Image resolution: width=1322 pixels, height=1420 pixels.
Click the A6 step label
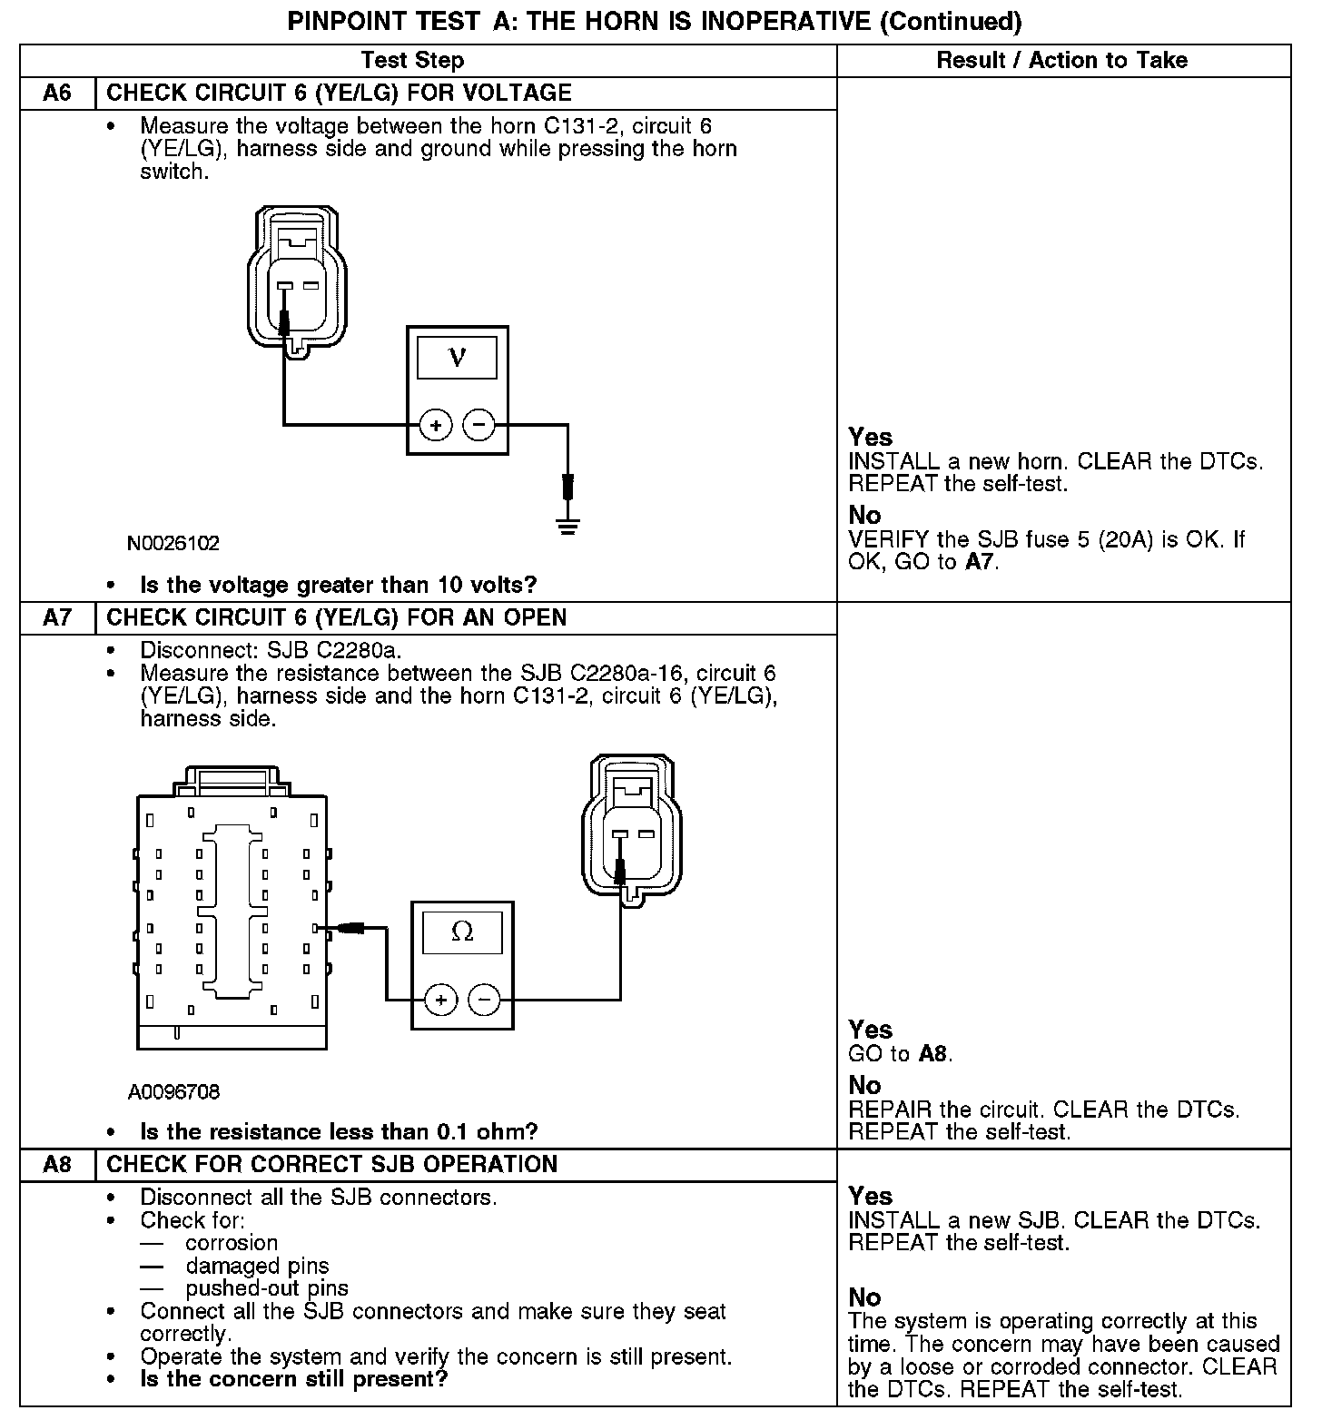point(56,94)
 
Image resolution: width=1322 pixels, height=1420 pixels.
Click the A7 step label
point(56,618)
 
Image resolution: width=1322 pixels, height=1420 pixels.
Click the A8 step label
point(56,1165)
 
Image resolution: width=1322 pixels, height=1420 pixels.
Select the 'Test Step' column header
point(412,61)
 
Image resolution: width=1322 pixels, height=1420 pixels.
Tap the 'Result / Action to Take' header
point(1061,61)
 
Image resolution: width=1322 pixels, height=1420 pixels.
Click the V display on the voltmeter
point(457,358)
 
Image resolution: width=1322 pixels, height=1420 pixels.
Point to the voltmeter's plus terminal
point(436,425)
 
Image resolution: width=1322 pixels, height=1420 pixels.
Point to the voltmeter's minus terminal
point(479,425)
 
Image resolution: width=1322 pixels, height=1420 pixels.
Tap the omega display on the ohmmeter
point(462,932)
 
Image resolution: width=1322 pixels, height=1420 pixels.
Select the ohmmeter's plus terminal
point(441,1001)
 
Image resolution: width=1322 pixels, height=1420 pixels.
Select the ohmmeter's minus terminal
point(484,1001)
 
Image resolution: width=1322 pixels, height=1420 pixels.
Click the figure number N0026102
point(173,544)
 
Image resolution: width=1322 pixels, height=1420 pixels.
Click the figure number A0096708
point(173,1091)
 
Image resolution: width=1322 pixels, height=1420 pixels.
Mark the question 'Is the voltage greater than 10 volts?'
point(338,584)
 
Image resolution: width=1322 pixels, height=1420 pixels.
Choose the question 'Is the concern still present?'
point(293,1379)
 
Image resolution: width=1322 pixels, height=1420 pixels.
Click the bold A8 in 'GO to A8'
point(933,1054)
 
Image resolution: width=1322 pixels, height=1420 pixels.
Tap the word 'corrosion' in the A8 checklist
point(232,1243)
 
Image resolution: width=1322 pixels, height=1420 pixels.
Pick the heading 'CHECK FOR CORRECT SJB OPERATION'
point(331,1165)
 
